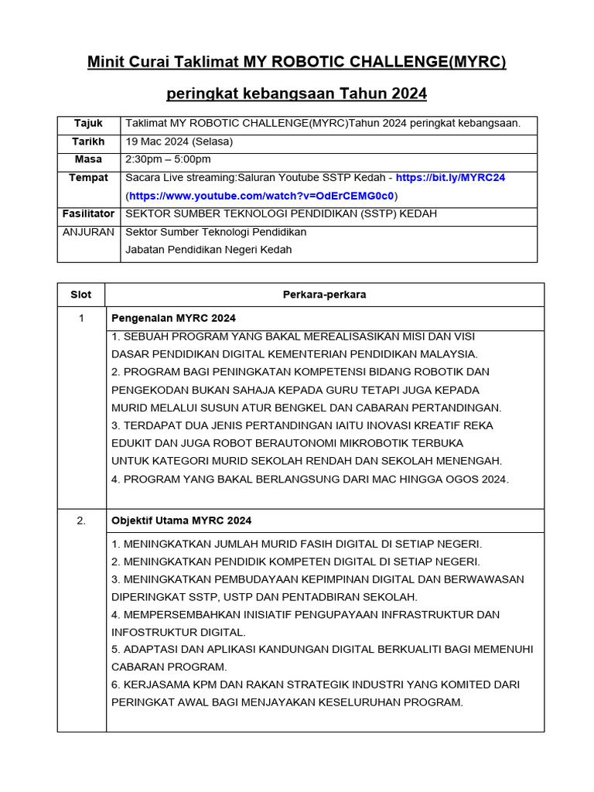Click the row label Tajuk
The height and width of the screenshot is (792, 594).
point(88,124)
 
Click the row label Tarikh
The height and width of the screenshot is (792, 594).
point(88,142)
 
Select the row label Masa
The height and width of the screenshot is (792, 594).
point(88,159)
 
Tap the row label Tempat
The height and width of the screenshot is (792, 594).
point(88,177)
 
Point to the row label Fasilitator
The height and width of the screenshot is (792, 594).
point(88,213)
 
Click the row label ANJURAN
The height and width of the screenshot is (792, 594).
point(88,232)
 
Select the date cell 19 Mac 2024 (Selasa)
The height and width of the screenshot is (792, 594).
point(179,142)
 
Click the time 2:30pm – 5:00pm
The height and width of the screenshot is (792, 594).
point(168,159)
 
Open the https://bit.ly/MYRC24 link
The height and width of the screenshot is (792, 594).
point(449,177)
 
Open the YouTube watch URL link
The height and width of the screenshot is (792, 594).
point(261,195)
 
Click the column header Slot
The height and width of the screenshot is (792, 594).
point(80,295)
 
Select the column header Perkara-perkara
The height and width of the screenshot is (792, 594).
point(324,295)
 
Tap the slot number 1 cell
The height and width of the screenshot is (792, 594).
point(80,319)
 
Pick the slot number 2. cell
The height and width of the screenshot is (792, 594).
point(80,521)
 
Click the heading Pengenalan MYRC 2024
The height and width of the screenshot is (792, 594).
point(174,319)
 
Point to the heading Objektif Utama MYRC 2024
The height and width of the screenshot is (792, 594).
point(181,521)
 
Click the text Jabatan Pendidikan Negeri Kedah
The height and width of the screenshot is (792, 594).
point(209,249)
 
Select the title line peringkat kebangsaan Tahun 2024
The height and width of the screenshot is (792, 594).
point(296,94)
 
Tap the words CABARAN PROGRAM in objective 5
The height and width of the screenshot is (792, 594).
point(169,667)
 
